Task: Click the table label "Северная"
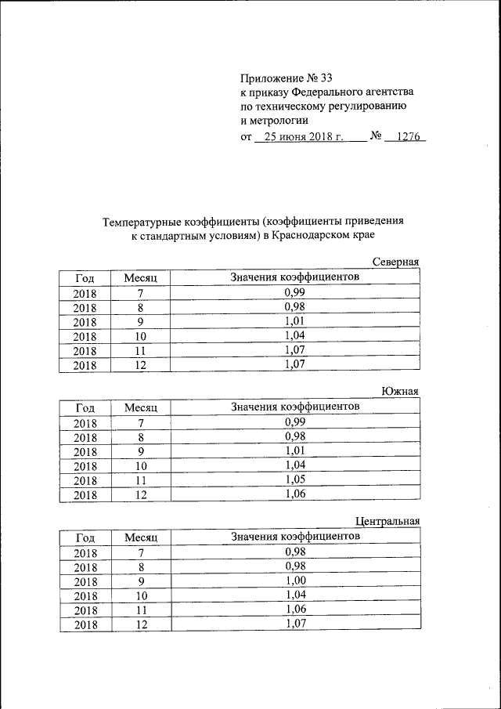(396, 262)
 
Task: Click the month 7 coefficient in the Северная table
(295, 291)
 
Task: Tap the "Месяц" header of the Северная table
(141, 277)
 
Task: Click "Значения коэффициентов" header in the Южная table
(295, 407)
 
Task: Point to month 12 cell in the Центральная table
(141, 624)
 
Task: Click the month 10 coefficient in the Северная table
(295, 335)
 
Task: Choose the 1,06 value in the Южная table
(295, 494)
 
